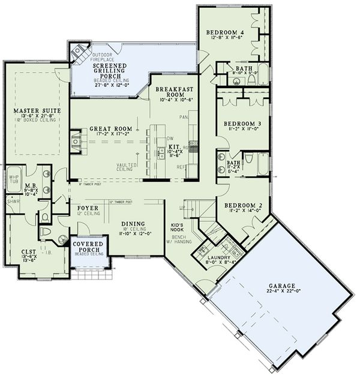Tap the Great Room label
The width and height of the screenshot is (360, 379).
(110, 128)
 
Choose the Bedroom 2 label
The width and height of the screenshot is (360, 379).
(244, 205)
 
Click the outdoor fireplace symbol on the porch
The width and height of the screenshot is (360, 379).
(78, 53)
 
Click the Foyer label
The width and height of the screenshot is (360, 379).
(88, 208)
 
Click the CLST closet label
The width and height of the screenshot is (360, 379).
(28, 253)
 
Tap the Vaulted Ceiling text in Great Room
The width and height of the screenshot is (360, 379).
(125, 167)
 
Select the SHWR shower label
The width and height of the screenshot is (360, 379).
(13, 201)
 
